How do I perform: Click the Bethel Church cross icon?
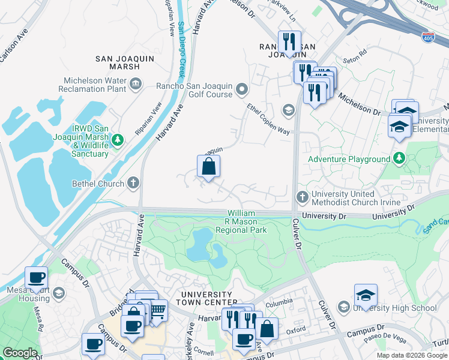[x=133, y=183]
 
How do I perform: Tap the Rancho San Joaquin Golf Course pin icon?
[x=243, y=90]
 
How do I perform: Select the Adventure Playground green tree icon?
[x=399, y=159]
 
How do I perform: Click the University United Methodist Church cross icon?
[x=303, y=197]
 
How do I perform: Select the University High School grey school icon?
[x=343, y=308]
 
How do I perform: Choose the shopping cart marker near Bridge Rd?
[x=157, y=310]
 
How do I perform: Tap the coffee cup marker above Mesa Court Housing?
[x=36, y=278]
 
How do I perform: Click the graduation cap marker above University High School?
[x=366, y=295]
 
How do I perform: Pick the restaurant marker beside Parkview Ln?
[x=289, y=42]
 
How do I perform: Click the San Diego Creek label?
[x=181, y=51]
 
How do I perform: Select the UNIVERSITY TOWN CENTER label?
[x=209, y=298]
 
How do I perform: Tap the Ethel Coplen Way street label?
[x=268, y=119]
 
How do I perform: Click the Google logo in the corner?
[x=20, y=353]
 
